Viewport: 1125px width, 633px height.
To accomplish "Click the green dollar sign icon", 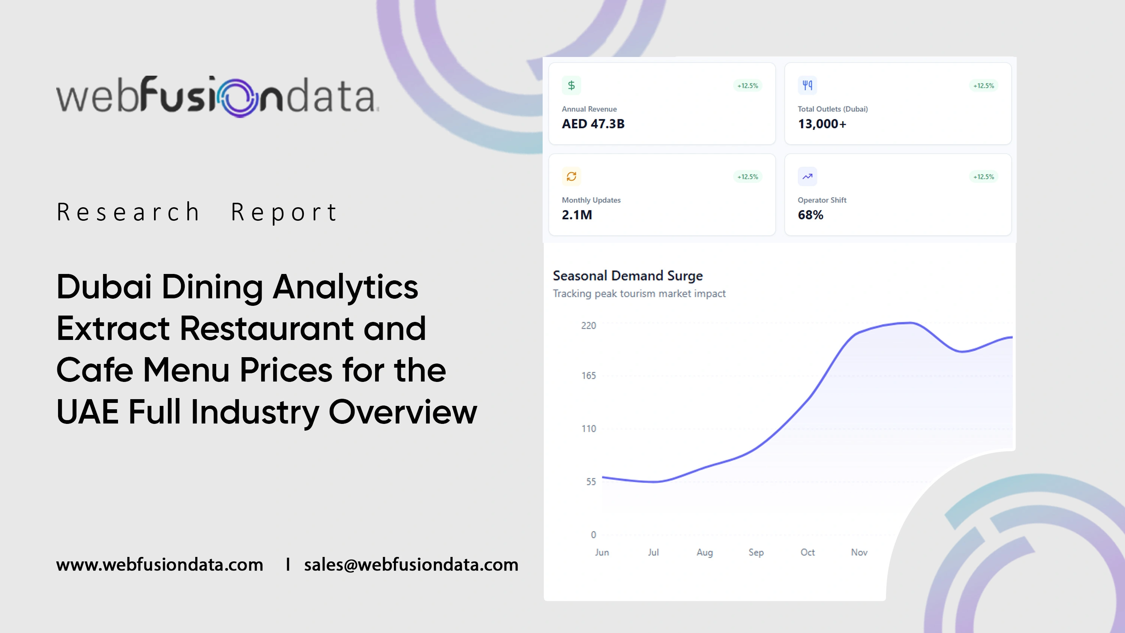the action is tap(571, 85).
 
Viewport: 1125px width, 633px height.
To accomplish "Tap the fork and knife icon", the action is tap(807, 85).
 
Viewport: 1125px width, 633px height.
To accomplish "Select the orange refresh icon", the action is tap(571, 177).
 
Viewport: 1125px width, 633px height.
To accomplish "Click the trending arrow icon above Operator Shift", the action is tap(807, 177).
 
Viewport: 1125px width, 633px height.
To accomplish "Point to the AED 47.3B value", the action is tap(593, 124).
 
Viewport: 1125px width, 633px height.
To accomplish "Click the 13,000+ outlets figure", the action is tap(822, 124).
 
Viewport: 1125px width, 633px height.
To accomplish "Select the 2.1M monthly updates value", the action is tap(577, 215).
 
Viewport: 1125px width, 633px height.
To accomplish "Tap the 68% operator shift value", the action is tap(811, 215).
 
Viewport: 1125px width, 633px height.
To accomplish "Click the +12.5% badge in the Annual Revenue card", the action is tap(748, 85).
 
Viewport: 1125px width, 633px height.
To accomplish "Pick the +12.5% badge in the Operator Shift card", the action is tap(983, 177).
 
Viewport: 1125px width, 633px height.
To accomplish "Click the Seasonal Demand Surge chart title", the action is tap(628, 276).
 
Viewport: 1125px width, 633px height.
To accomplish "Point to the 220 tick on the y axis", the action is tap(588, 325).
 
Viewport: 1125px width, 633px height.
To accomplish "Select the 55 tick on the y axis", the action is tap(591, 482).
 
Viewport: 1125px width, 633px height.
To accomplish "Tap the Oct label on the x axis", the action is tap(808, 552).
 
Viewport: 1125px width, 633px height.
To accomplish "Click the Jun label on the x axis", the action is tap(602, 552).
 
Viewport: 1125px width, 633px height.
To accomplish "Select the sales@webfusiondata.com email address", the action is tap(411, 564).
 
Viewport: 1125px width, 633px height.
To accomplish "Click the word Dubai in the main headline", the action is tap(104, 287).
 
